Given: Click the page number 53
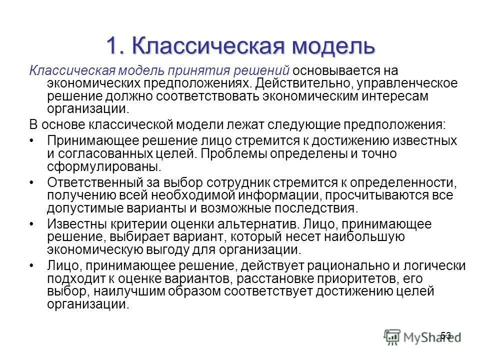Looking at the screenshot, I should pyautogui.click(x=446, y=335).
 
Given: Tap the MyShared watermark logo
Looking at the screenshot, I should pyautogui.click(x=420, y=336).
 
